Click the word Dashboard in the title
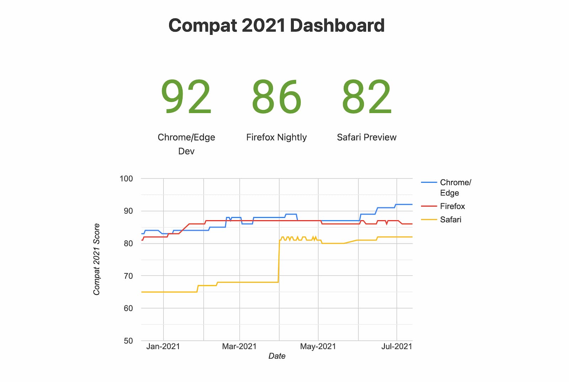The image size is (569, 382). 337,26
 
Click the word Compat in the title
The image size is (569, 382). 202,26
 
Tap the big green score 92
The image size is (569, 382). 186,97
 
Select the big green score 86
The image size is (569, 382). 276,97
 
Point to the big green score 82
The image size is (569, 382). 367,97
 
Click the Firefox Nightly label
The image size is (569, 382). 276,137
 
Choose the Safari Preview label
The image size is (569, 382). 367,137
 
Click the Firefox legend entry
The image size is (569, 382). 452,206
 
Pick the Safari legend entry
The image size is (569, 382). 450,220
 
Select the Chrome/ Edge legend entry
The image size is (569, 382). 455,187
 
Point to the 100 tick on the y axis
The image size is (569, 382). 126,179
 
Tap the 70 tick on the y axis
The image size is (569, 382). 128,276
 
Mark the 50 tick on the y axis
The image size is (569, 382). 128,341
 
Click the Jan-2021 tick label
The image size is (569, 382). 163,346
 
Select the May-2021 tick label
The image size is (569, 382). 318,346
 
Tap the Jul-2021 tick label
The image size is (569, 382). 397,346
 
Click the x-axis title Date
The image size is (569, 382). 277,356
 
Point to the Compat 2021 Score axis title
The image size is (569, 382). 96,259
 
